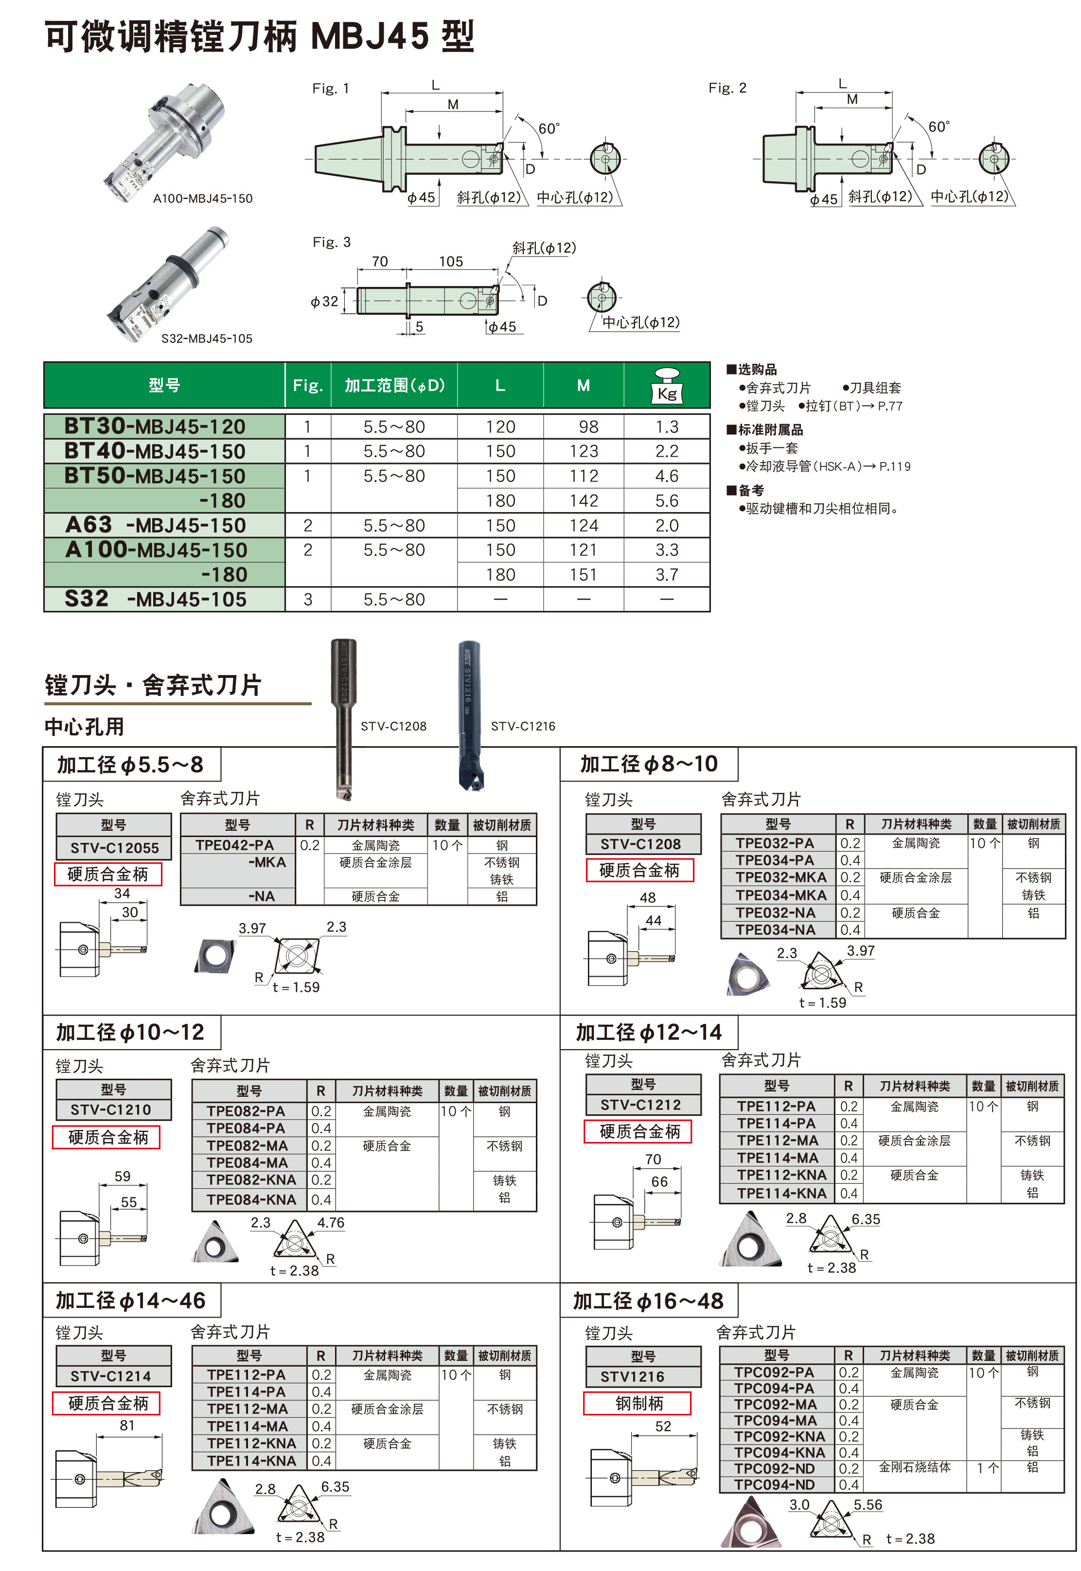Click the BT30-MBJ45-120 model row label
(x=155, y=426)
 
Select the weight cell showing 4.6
(x=667, y=476)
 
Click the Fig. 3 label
(x=331, y=242)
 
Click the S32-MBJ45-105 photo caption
(x=207, y=338)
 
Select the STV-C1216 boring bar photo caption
(x=522, y=726)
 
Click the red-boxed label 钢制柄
(x=638, y=1403)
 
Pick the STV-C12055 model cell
(x=114, y=847)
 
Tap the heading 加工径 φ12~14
(x=648, y=1032)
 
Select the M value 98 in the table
(x=588, y=427)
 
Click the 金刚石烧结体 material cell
(x=914, y=1467)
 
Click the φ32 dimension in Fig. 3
(x=324, y=301)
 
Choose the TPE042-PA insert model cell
(x=234, y=845)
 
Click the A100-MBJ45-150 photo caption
(x=202, y=198)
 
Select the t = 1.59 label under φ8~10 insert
(x=822, y=1002)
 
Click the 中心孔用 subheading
(x=84, y=726)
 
